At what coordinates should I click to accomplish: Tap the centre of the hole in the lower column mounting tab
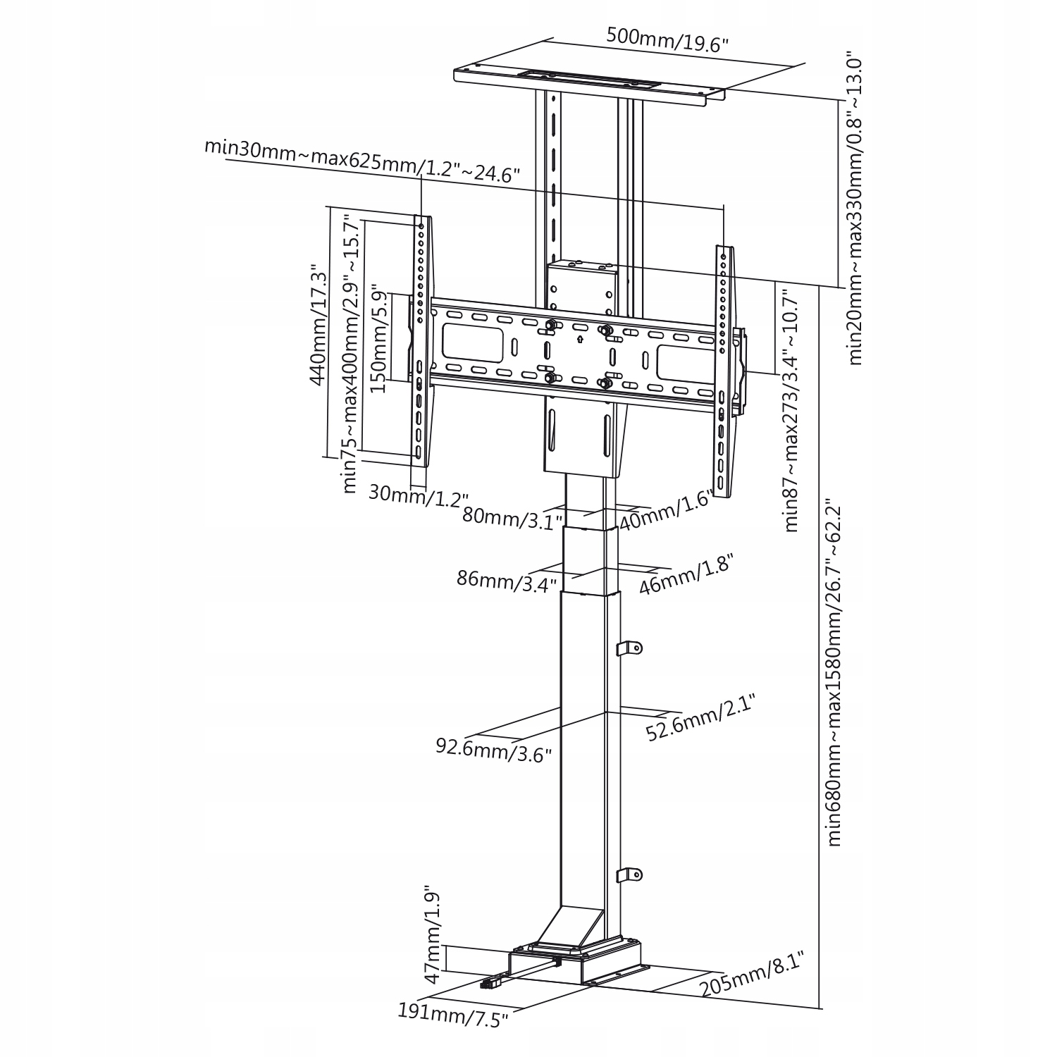coord(632,874)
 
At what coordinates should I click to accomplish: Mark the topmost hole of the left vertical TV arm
coord(421,227)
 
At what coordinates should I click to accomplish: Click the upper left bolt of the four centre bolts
coord(550,326)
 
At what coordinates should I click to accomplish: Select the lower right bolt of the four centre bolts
coord(604,383)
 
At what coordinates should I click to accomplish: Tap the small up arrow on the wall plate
coord(579,340)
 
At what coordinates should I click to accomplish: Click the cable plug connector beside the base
coord(491,982)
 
